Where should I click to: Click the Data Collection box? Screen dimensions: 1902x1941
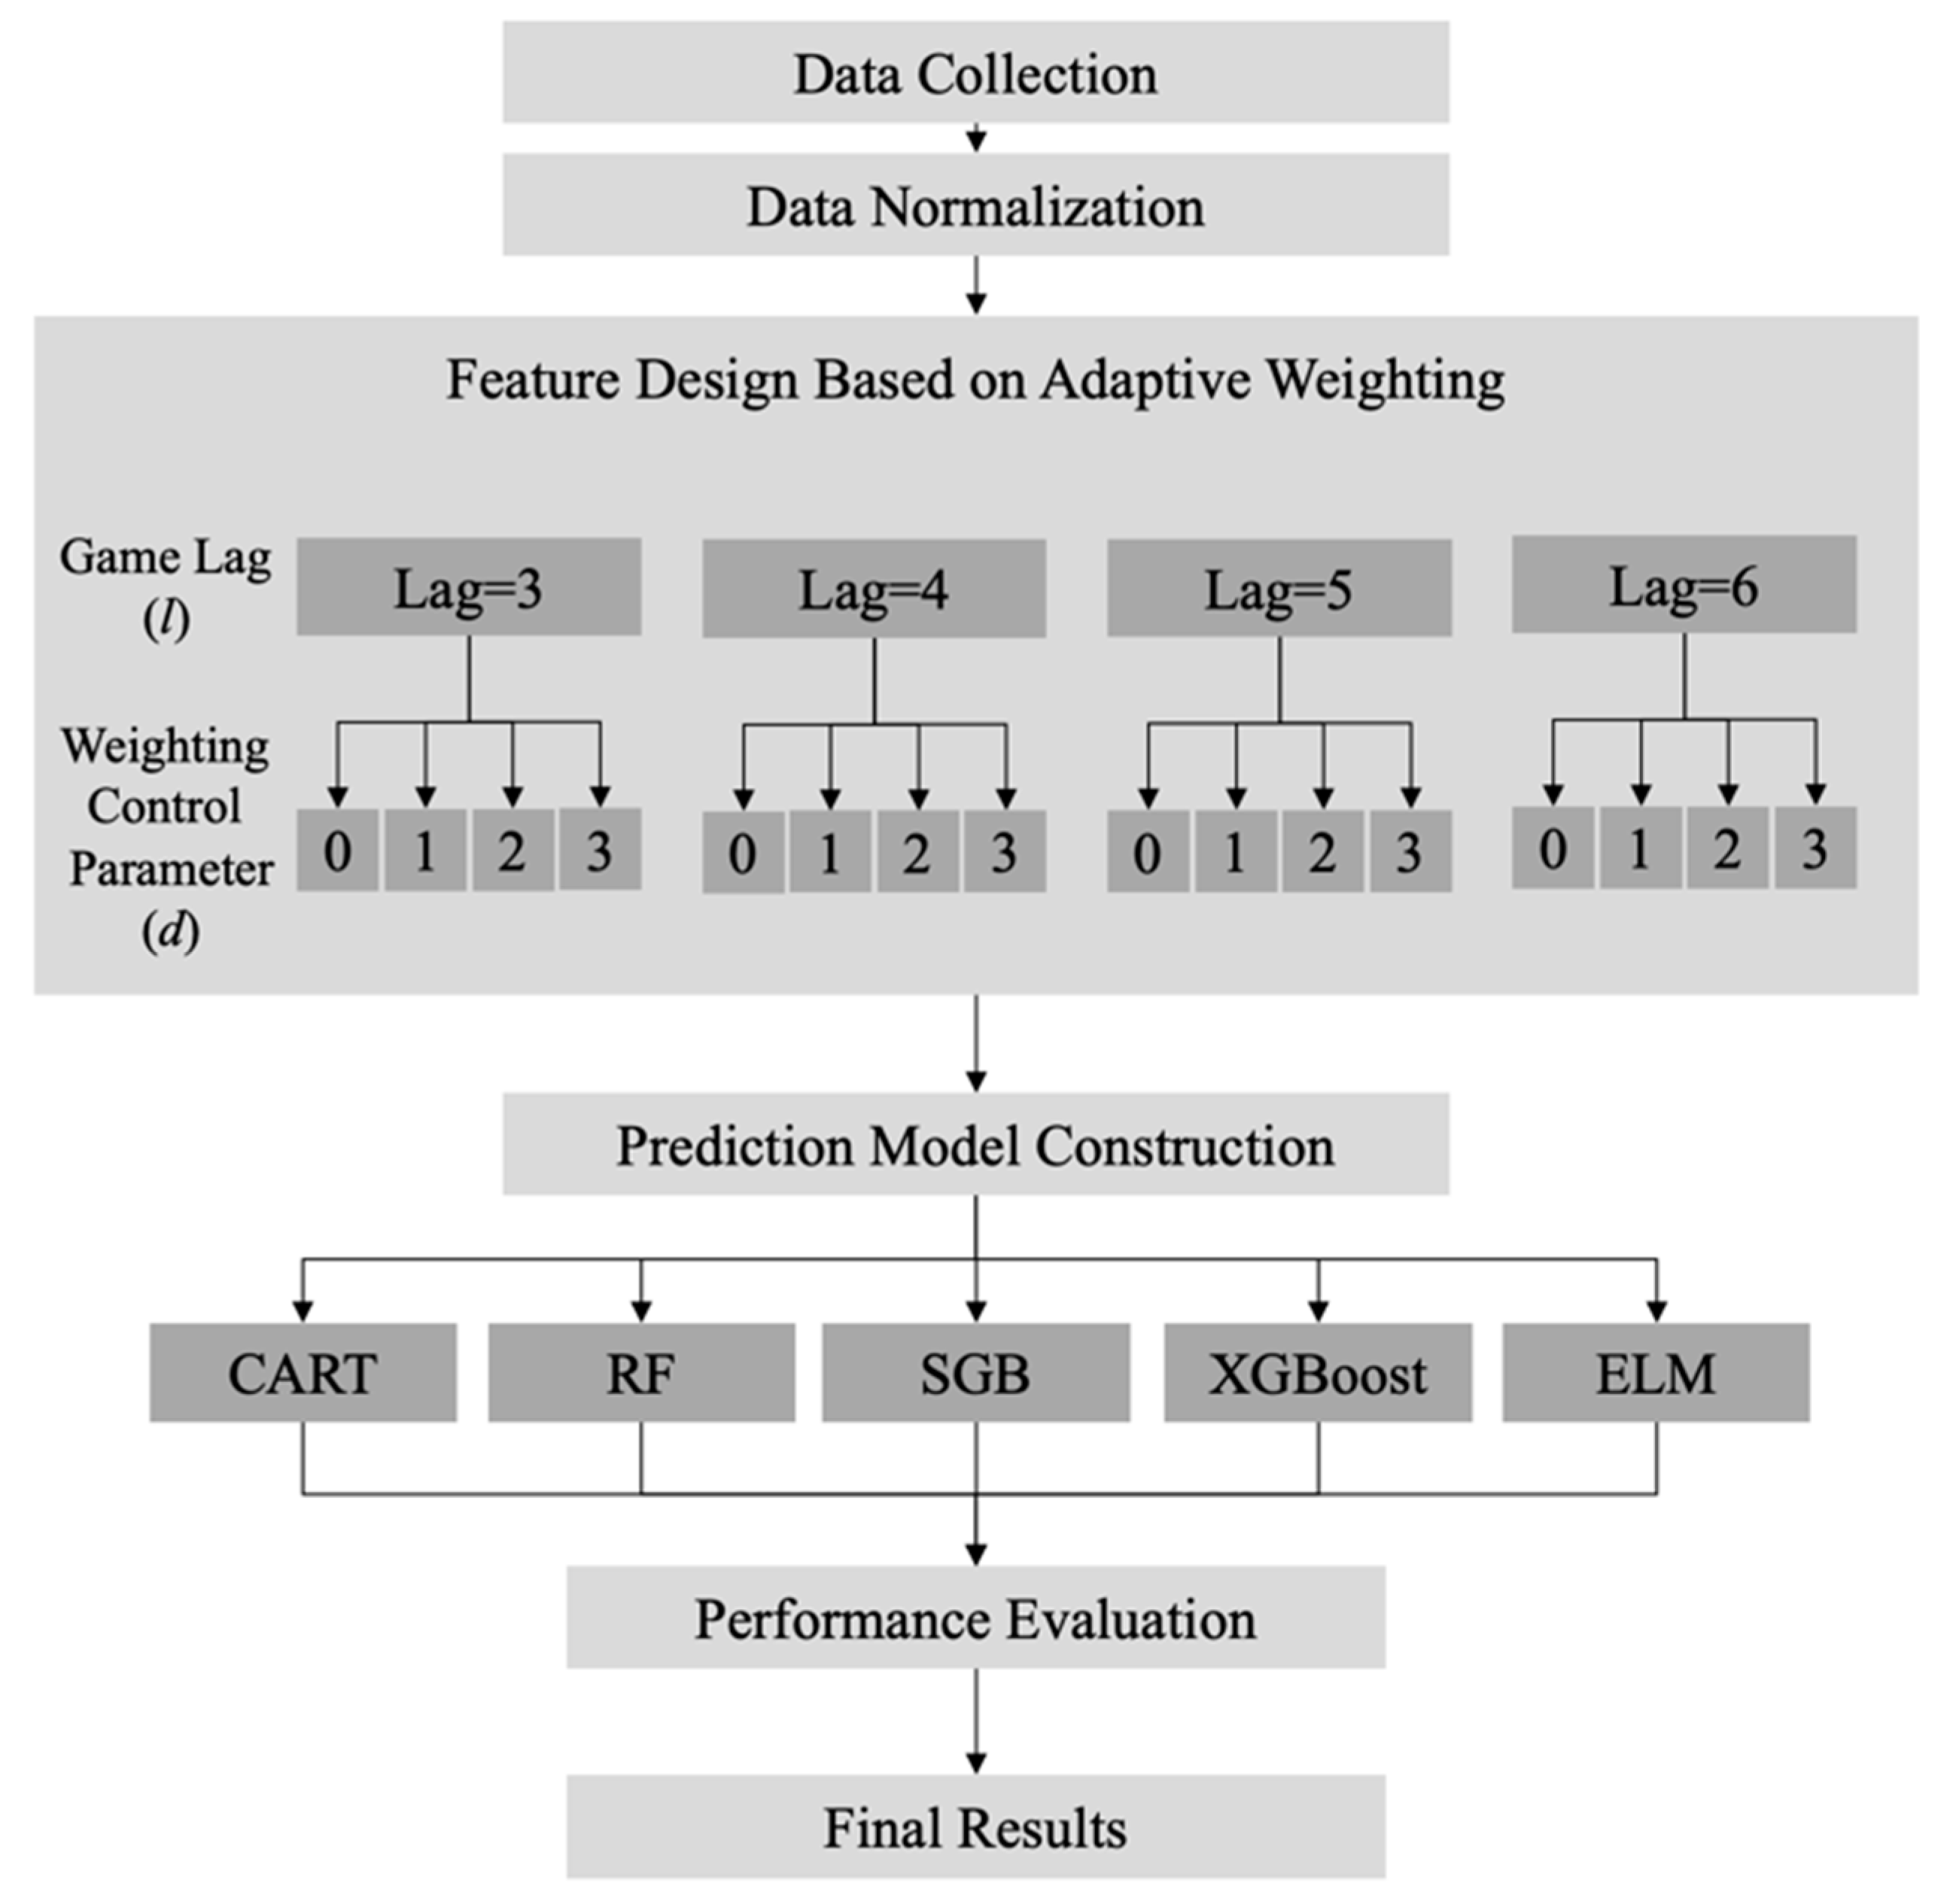tap(975, 73)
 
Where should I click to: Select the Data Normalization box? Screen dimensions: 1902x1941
tap(975, 205)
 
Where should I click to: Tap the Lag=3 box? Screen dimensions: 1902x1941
tap(469, 587)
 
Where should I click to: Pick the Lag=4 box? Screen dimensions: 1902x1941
tap(874, 589)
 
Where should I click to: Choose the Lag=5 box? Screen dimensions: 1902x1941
tap(1279, 589)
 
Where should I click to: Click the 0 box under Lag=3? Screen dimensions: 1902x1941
tap(338, 850)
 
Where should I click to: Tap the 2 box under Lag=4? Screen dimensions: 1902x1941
tap(917, 852)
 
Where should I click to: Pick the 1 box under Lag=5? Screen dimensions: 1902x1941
tap(1235, 852)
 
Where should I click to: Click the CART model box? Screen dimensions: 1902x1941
tap(303, 1373)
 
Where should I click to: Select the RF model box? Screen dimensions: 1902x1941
tap(641, 1373)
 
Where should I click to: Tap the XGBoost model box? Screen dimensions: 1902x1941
tap(1318, 1373)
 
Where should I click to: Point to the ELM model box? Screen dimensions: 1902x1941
tap(1655, 1373)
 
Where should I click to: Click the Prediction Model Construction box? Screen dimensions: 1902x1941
tap(975, 1145)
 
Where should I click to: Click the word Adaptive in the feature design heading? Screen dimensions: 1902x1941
tap(1144, 381)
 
